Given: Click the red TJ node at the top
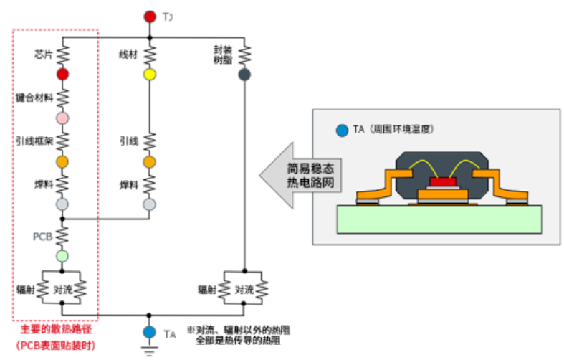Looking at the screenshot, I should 149,16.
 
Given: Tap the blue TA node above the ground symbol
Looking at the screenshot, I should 149,333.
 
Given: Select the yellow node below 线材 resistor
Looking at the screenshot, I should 149,74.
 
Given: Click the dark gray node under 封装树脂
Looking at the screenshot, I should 244,74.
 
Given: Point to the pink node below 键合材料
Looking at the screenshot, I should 62,118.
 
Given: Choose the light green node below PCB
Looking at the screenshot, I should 62,255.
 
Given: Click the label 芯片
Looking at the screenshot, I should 42,54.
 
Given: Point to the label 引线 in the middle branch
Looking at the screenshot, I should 128,141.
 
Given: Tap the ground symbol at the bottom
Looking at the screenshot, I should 149,351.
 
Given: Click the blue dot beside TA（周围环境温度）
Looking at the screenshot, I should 343,131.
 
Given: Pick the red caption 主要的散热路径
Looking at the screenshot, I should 55,330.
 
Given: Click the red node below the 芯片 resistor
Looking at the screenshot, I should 62,74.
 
